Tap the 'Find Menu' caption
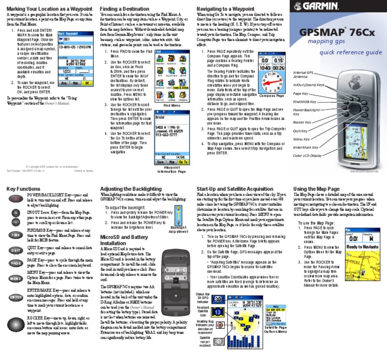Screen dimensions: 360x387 (x=173, y=105)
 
